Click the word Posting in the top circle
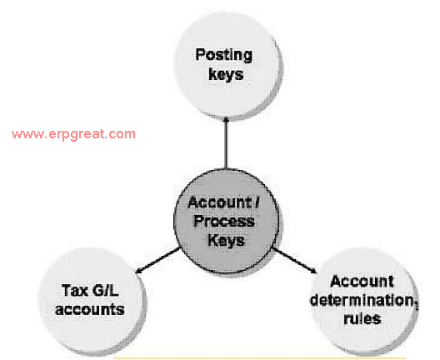[x=223, y=55]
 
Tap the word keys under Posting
[x=226, y=74]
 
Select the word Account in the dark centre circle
[x=220, y=202]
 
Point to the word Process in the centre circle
[x=224, y=222]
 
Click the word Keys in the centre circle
[x=226, y=241]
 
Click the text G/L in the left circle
[x=105, y=290]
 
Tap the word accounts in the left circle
[x=90, y=309]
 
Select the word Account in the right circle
[x=362, y=281]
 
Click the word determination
[x=362, y=300]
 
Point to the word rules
[x=362, y=319]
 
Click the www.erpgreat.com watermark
[x=73, y=134]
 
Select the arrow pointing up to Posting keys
[x=226, y=143]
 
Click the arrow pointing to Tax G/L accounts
[x=157, y=260]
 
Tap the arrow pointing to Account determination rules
[x=294, y=260]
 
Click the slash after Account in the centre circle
[x=257, y=202]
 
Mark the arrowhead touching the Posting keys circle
[x=226, y=120]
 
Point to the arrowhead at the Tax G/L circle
[x=138, y=272]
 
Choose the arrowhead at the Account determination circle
[x=313, y=272]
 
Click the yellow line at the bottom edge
[x=259, y=358]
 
